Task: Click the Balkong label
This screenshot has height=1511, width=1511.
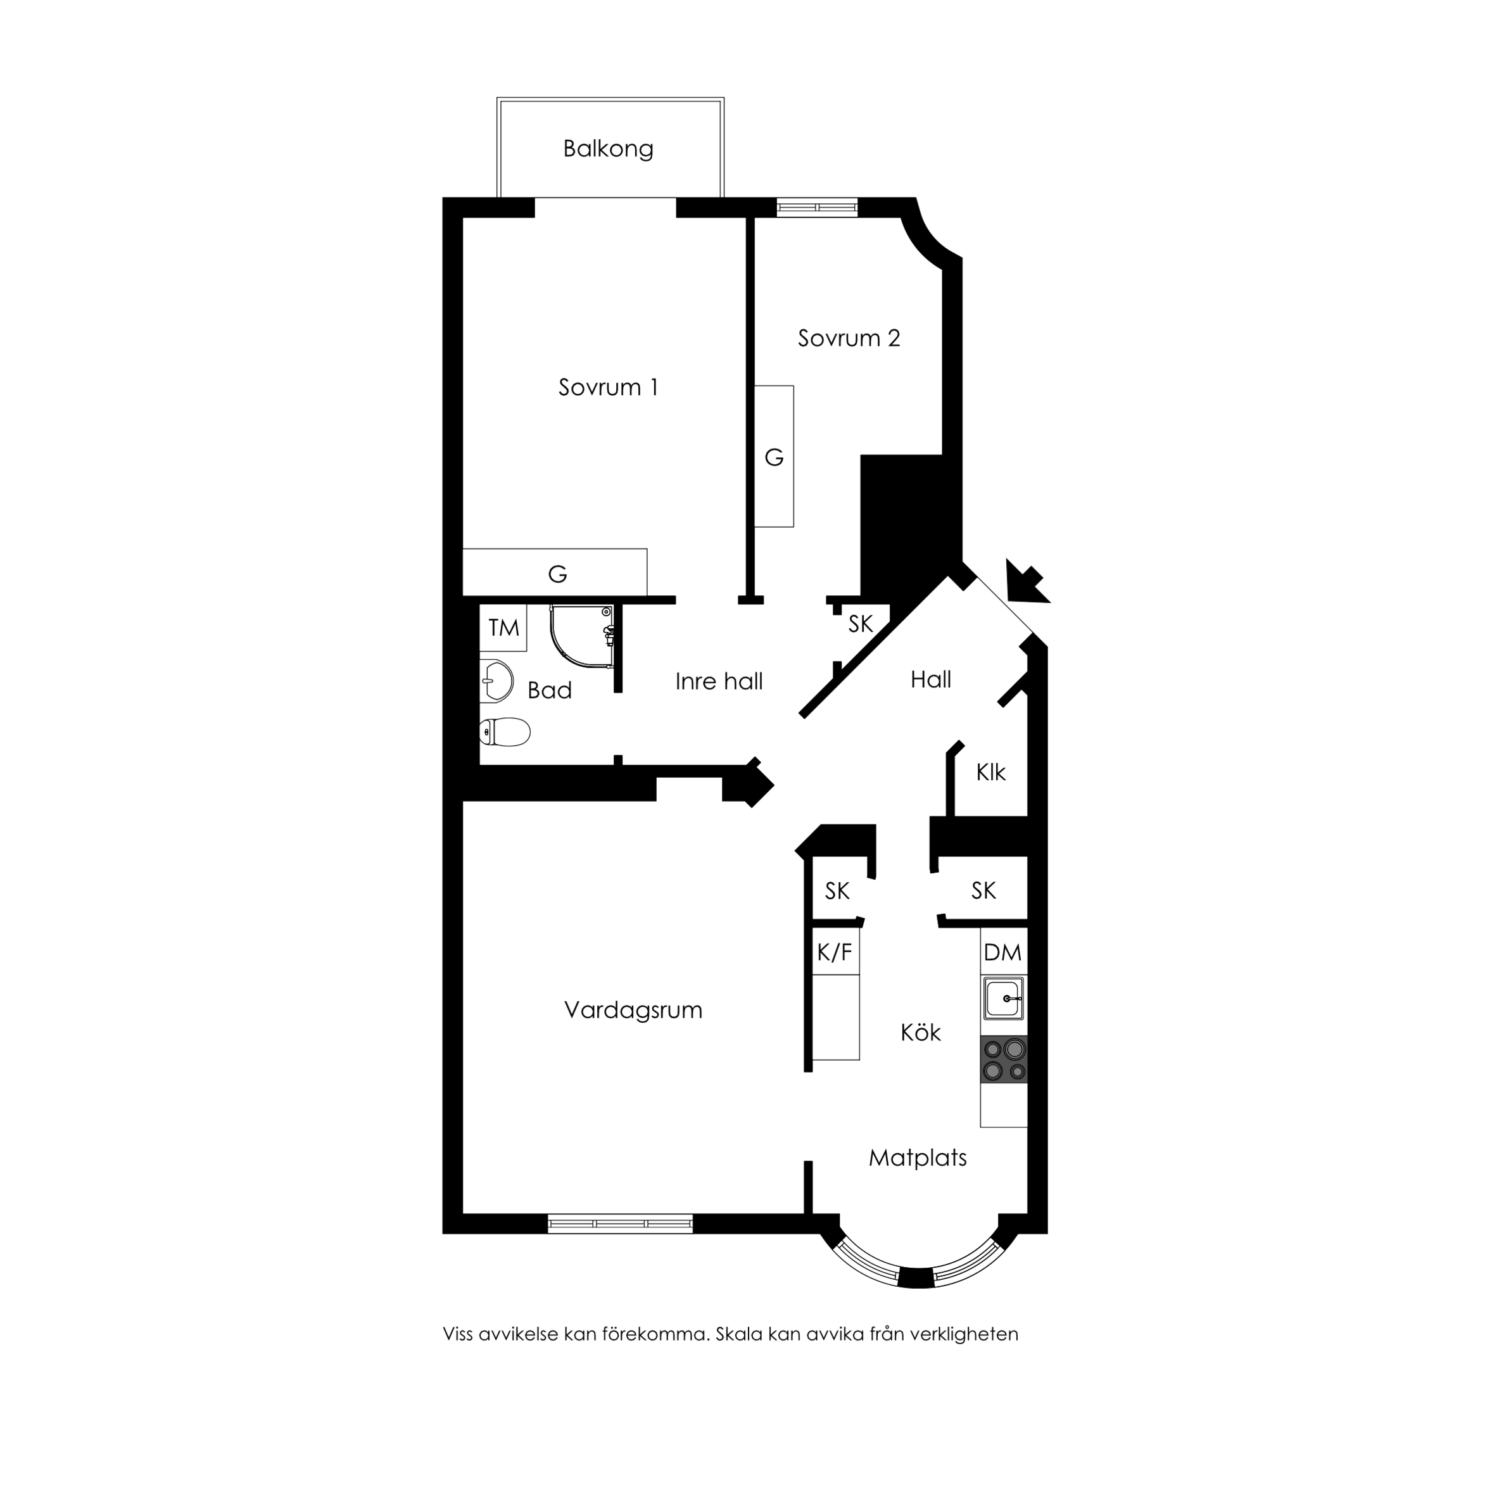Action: click(x=609, y=149)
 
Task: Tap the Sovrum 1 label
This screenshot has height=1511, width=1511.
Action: click(x=609, y=387)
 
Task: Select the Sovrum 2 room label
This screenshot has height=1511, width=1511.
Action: click(x=849, y=338)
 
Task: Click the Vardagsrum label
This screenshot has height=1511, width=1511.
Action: click(x=633, y=1009)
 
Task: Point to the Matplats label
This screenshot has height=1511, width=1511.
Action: click(x=918, y=1158)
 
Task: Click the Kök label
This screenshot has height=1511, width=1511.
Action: click(x=921, y=1032)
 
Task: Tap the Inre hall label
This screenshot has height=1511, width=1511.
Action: click(x=719, y=681)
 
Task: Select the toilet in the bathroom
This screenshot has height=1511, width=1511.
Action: click(x=505, y=732)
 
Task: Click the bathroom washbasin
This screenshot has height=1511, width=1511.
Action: click(x=496, y=681)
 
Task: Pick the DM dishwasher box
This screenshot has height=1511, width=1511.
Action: click(x=1003, y=952)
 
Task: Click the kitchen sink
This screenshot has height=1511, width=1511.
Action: click(x=1003, y=999)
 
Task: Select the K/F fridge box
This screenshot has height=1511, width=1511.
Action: click(x=835, y=951)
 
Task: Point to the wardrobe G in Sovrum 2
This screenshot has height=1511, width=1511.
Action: click(x=773, y=457)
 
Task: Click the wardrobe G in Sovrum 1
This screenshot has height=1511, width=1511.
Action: click(x=555, y=572)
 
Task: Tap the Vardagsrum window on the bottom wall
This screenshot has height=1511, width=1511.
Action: click(x=620, y=1223)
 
